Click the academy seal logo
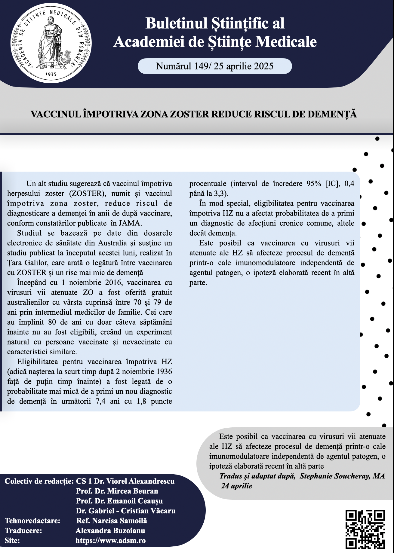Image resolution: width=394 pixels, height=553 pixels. (x=51, y=43)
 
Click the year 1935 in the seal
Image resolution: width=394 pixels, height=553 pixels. (x=51, y=74)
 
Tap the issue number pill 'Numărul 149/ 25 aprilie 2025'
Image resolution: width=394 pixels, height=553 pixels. (x=214, y=66)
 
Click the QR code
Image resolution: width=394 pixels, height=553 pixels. (x=365, y=529)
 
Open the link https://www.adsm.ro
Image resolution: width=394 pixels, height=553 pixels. (x=110, y=540)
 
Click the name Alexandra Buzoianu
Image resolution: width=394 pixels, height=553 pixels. (x=110, y=530)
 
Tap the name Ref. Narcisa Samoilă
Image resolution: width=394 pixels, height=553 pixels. (x=112, y=521)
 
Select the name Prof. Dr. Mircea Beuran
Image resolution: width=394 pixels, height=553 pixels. (x=117, y=491)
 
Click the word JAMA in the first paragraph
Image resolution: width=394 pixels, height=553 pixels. (x=130, y=223)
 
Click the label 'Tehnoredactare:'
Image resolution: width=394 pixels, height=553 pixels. (x=32, y=521)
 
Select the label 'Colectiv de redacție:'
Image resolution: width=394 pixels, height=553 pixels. (x=39, y=481)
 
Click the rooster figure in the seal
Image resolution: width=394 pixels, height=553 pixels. (x=66, y=58)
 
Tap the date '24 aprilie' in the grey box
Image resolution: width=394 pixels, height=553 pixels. (x=237, y=486)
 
